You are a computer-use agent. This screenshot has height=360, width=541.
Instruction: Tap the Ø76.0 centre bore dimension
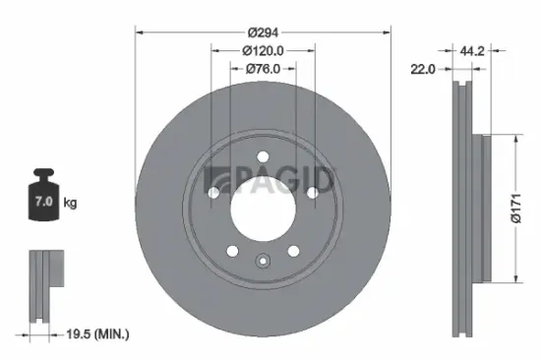coord(263,68)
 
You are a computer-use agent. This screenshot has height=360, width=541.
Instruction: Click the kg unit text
coord(71,203)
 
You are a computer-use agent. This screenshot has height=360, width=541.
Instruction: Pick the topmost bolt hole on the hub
coord(263,158)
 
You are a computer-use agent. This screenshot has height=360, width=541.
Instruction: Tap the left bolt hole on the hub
coord(214,193)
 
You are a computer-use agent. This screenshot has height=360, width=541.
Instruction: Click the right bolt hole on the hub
coord(311,193)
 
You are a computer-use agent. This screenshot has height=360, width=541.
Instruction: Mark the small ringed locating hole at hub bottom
coord(263,261)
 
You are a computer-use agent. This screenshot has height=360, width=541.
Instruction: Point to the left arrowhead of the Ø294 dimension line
coord(139,32)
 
